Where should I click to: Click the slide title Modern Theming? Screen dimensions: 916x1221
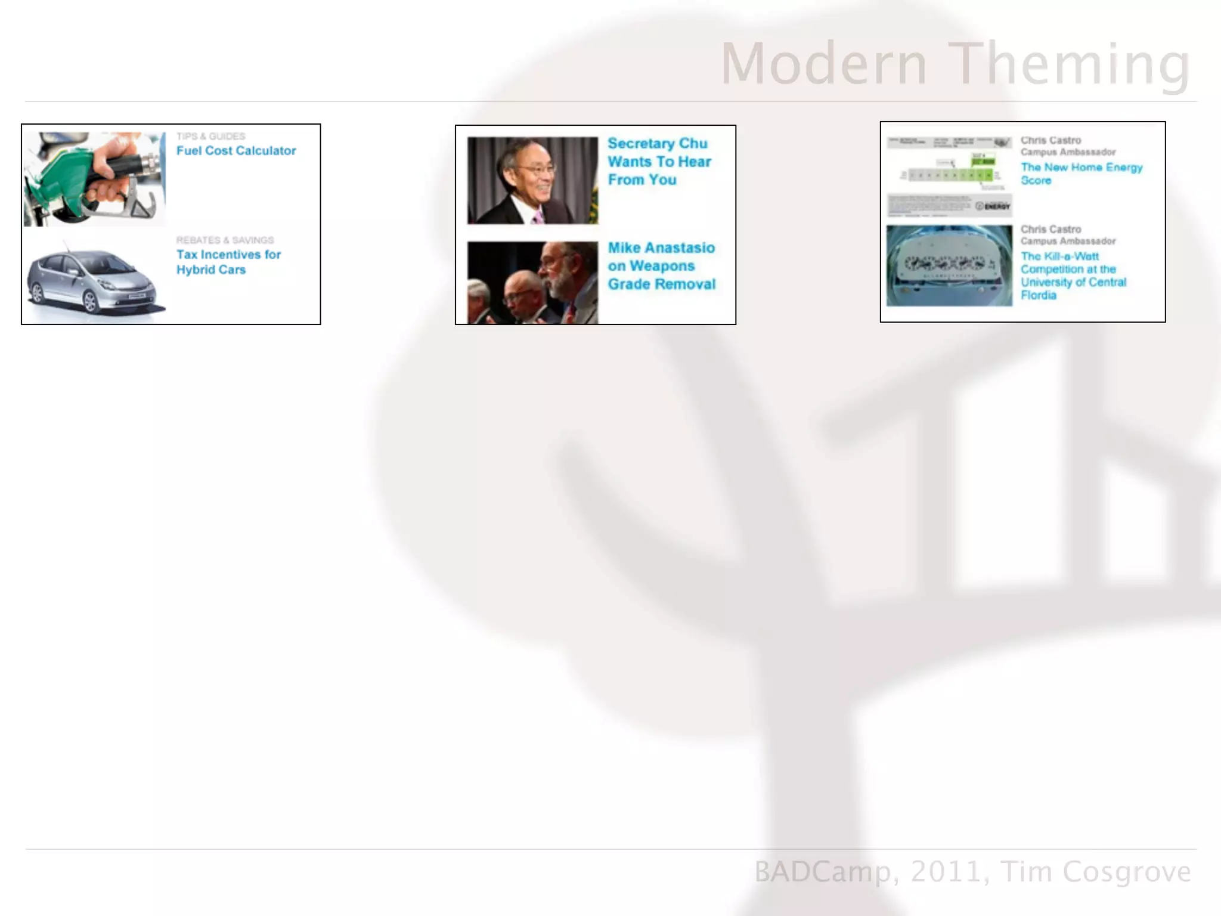955,64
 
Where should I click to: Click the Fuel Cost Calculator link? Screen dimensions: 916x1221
236,151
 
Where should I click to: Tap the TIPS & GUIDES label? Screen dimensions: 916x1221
210,137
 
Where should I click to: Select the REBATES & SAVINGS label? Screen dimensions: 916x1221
225,240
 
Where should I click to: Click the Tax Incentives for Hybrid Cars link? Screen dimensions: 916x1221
228,262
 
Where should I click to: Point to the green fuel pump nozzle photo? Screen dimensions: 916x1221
94,178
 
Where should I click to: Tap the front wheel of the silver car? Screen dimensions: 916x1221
90,301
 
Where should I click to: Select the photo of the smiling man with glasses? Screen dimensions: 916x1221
532,181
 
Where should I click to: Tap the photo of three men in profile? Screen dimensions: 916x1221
532,283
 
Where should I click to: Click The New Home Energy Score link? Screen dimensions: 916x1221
1081,174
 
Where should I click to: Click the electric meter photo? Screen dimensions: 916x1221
949,265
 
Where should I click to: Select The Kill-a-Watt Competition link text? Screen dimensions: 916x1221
1073,276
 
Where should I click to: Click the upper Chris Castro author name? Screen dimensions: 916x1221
1050,141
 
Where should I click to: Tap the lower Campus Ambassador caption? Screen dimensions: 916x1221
1068,241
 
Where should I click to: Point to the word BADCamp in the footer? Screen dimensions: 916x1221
822,871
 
